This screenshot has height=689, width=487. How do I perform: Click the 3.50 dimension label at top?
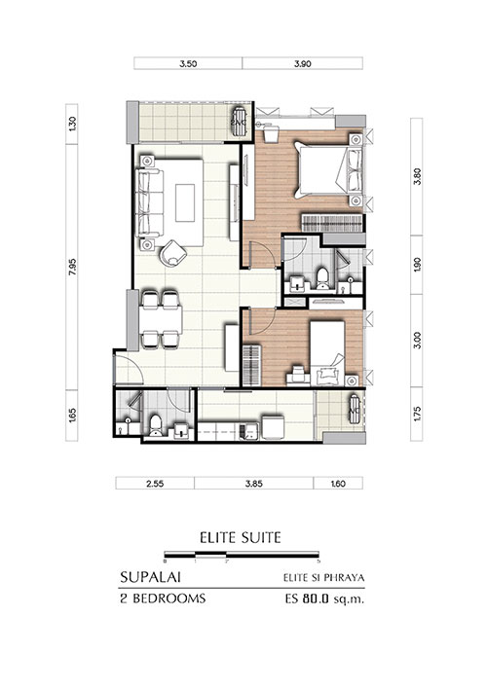coord(188,63)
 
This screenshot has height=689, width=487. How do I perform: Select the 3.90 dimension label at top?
coord(303,63)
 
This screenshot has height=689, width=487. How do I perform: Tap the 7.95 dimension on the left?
coord(72,267)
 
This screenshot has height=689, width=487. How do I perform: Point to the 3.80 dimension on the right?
coord(417,177)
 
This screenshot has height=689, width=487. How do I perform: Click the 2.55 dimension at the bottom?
coord(155,484)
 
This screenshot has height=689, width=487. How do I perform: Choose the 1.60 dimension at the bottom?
coord(337,484)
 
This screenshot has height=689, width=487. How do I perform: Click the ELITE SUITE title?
coord(241,537)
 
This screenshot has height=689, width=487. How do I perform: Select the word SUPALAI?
coord(150,577)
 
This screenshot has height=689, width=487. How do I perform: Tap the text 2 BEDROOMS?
coord(163,598)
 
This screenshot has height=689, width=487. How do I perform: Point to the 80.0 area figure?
coord(316,598)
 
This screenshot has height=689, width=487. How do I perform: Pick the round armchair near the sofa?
coord(173,253)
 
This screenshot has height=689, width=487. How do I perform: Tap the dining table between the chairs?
coord(161,319)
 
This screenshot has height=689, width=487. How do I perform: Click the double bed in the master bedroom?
coord(329,169)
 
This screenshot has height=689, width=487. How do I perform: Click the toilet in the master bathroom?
coord(323,278)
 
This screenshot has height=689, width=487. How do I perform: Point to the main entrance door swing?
coord(129,371)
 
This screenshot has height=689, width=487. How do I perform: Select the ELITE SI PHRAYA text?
coord(323,578)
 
